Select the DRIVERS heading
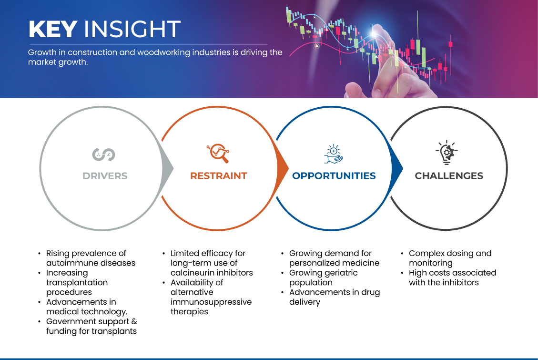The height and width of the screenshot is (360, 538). point(105,176)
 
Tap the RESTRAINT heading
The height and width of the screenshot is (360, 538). point(219,176)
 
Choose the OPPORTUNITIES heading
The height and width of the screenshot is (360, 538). point(334,176)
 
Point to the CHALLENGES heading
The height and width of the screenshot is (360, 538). point(449,176)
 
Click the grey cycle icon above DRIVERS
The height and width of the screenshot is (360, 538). point(103,154)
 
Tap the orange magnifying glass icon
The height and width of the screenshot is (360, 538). point(218,153)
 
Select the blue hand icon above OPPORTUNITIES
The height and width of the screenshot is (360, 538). point(334,154)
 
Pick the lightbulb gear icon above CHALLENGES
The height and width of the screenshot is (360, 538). point(447,153)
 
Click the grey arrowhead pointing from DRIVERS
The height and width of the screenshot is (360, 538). point(168,168)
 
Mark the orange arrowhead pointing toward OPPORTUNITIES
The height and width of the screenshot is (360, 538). point(283,168)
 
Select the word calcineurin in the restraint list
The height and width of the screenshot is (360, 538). point(191,272)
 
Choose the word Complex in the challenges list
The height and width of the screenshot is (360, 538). point(424,254)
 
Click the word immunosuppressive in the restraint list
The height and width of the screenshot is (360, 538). point(211,302)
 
